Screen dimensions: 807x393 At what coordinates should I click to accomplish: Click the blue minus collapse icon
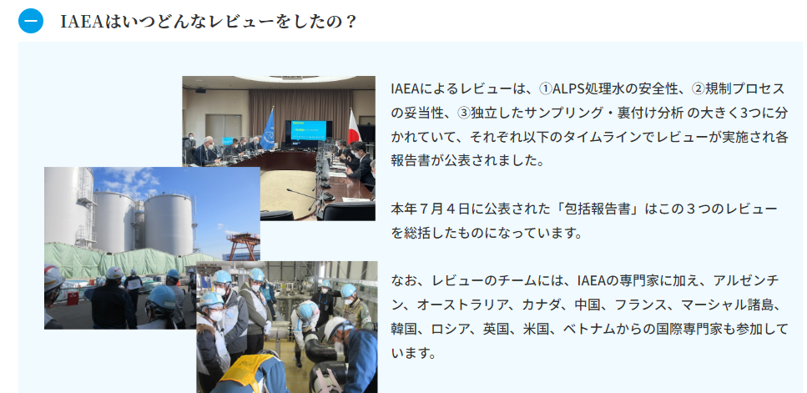point(31,21)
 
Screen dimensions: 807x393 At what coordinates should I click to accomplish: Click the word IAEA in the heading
point(82,22)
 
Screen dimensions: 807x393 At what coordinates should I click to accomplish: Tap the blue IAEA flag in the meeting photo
point(268,129)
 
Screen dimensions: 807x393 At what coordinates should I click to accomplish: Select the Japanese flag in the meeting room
point(353,127)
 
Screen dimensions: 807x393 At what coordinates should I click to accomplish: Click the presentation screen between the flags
point(308,131)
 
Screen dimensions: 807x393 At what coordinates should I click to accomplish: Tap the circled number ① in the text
point(545,89)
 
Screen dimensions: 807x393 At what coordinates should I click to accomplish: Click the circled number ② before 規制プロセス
point(698,89)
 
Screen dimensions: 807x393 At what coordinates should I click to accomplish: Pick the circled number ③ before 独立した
point(463,113)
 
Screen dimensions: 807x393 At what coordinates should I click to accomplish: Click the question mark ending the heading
point(351,22)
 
